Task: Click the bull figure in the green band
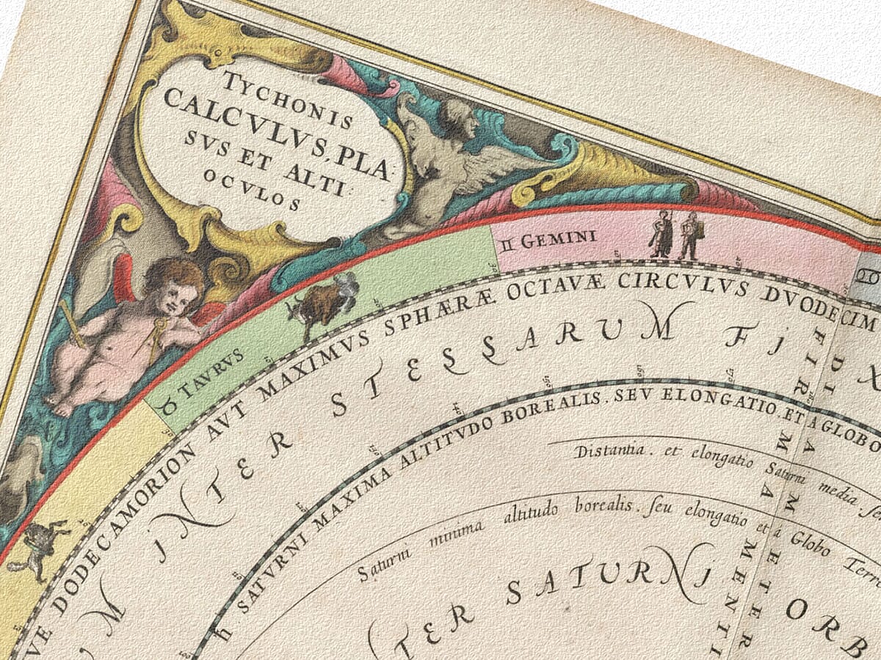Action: [x=321, y=302]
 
